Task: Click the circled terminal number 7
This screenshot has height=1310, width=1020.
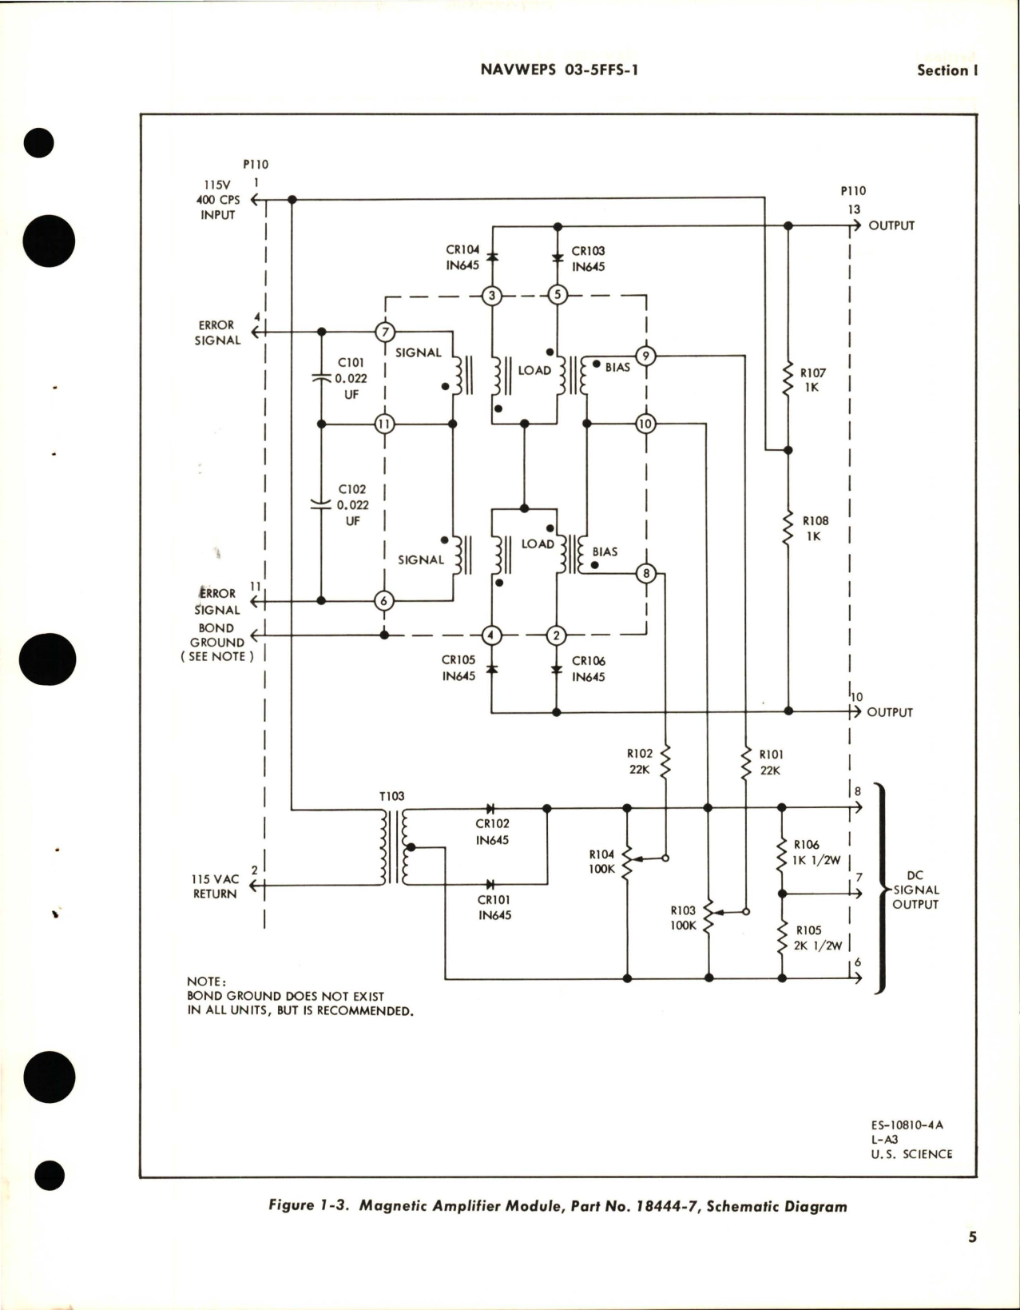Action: [x=385, y=332]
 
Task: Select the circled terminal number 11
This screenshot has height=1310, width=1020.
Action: [x=385, y=424]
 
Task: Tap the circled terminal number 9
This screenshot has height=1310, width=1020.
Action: [x=645, y=356]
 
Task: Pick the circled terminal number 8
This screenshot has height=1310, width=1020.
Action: [x=645, y=573]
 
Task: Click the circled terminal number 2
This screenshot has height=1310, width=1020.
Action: [x=555, y=636]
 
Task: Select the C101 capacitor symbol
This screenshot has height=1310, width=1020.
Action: [x=321, y=379]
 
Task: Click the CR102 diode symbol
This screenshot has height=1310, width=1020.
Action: [x=491, y=809]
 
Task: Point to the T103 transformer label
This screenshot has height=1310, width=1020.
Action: [x=391, y=796]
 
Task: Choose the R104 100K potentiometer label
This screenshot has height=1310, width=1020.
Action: [x=602, y=862]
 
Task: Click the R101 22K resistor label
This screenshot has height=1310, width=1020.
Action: [x=771, y=762]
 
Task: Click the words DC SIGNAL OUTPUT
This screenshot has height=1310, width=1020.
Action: [x=915, y=890]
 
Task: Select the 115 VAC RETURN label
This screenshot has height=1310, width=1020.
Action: [x=214, y=886]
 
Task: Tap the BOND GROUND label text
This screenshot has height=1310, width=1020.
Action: [x=216, y=635]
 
